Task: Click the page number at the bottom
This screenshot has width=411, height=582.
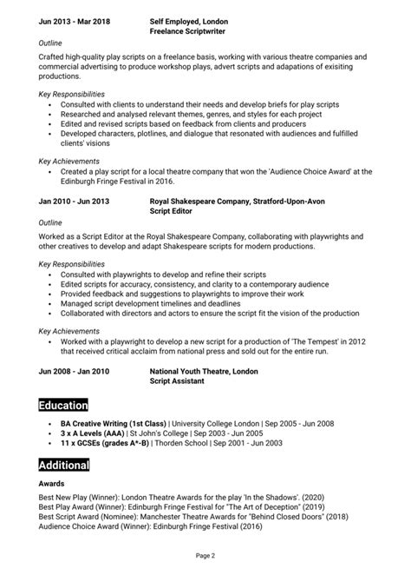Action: pos(205,554)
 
